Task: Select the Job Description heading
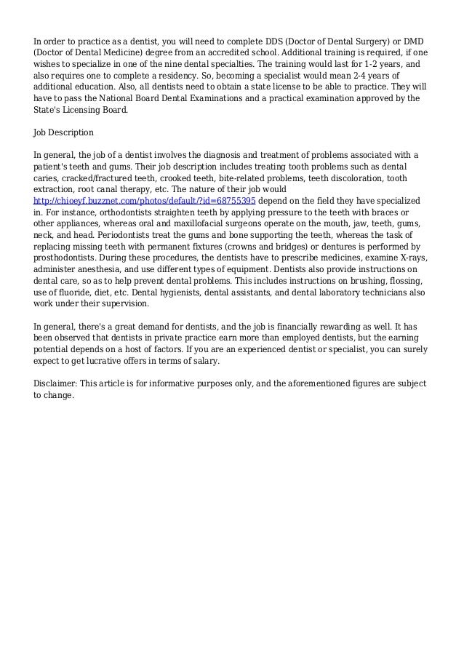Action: [x=64, y=133]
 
